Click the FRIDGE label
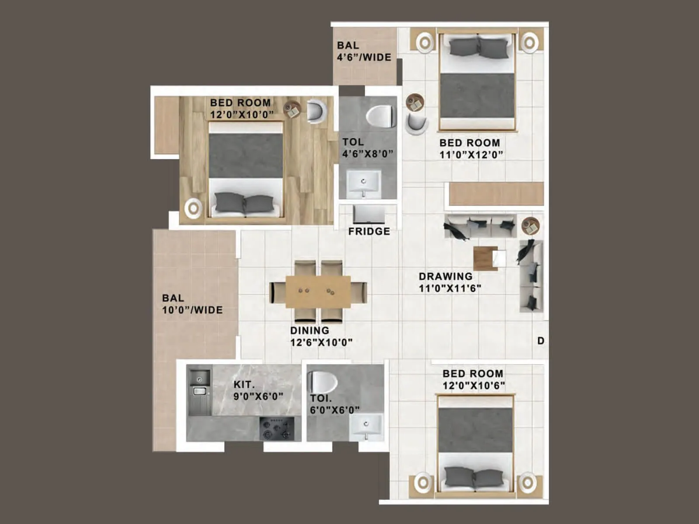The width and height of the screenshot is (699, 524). point(369,231)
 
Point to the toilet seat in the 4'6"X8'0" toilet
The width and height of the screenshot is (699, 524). point(380,116)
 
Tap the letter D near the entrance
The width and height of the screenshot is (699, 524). point(541,341)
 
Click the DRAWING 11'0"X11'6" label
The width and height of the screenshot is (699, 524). point(450,282)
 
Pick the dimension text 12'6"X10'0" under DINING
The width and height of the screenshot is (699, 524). point(321,342)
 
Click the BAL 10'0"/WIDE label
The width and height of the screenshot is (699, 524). point(192,304)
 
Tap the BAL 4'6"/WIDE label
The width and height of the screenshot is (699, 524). point(364,52)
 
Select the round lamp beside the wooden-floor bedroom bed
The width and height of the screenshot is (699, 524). point(193,208)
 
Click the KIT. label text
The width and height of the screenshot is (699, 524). point(244,385)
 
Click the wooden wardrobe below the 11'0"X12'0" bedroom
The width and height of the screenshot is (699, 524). point(496,194)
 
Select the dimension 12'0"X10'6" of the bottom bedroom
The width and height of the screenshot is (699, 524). point(474,386)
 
